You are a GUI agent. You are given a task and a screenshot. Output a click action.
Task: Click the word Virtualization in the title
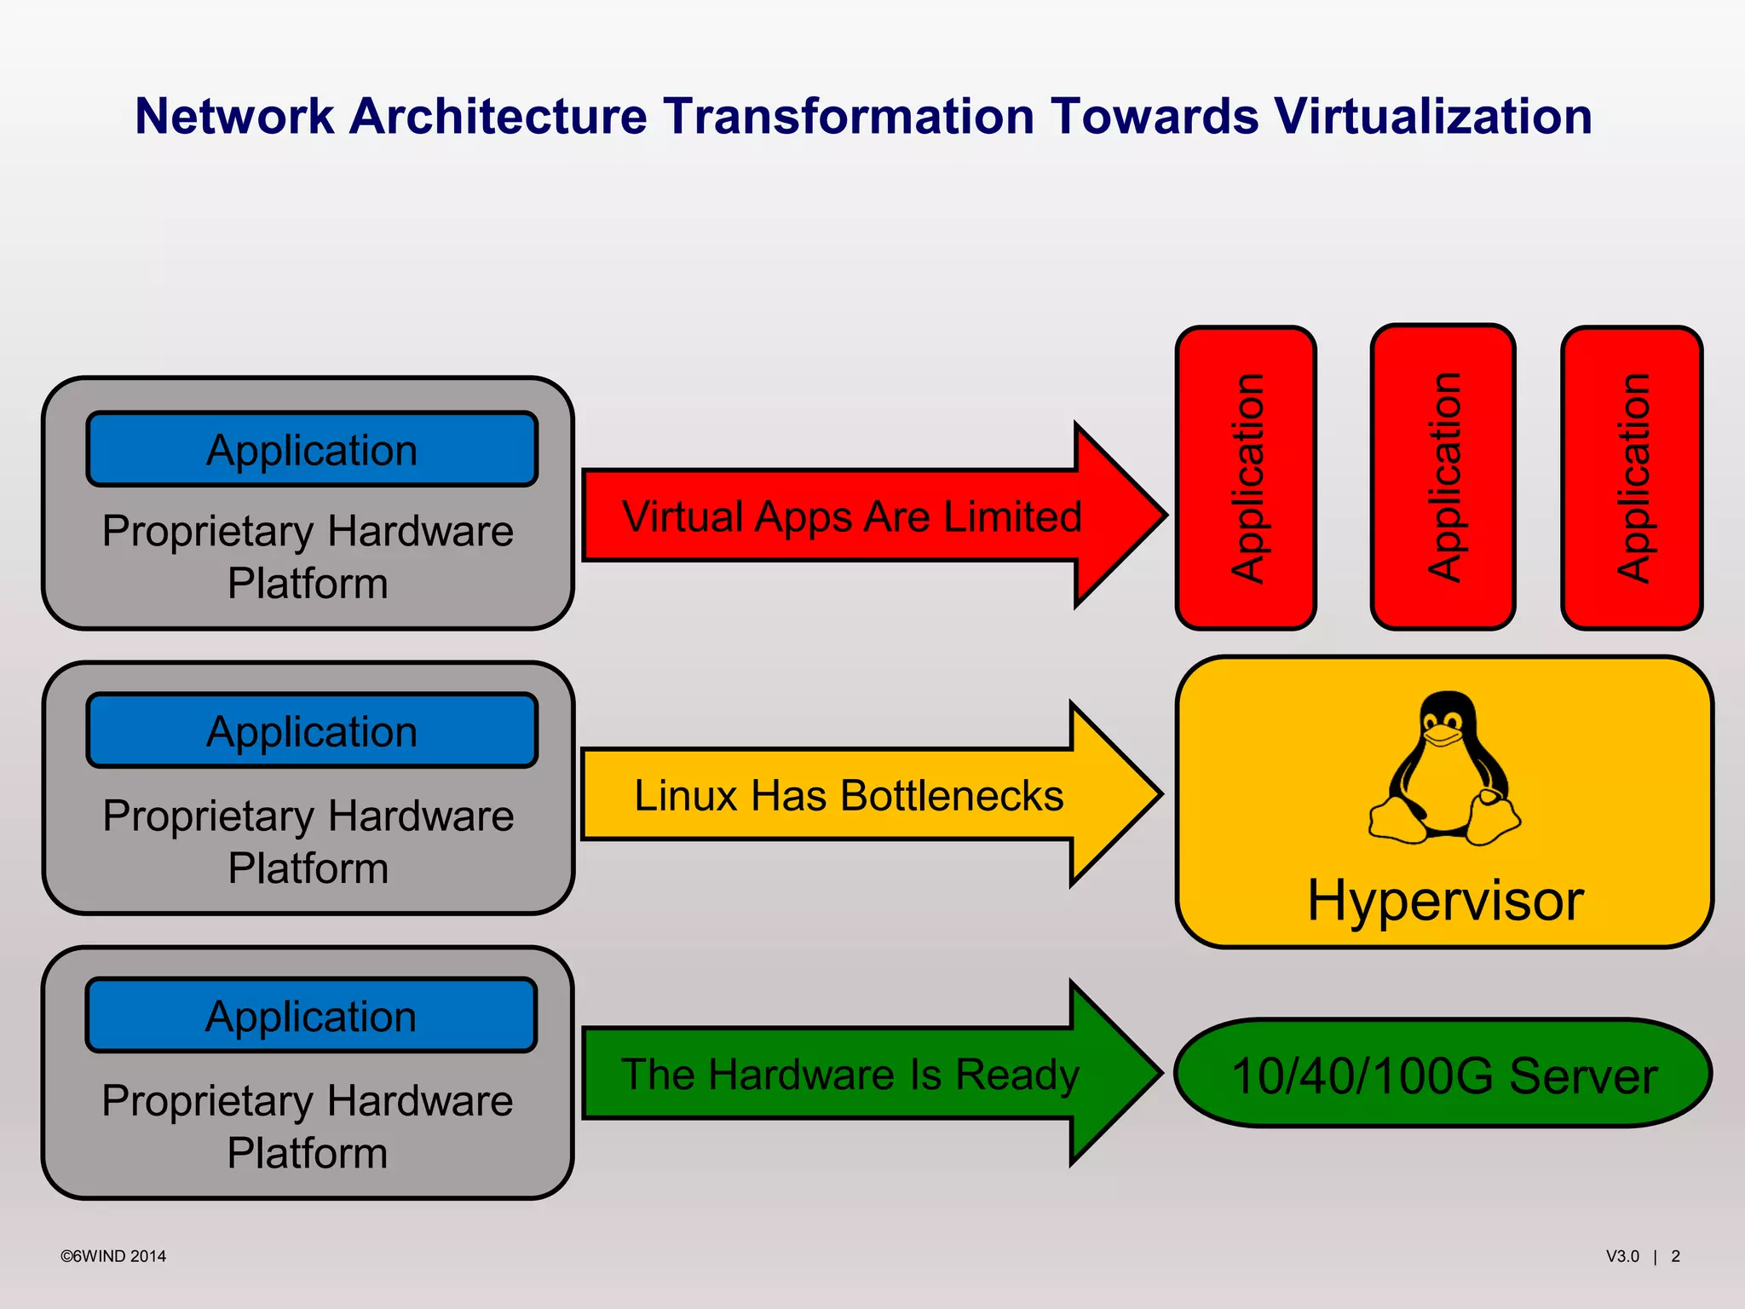pyautogui.click(x=1431, y=116)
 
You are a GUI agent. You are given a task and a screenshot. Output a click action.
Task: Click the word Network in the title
pyautogui.click(x=234, y=116)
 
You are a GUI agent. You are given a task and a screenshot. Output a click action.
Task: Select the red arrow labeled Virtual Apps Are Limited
pyautogui.click(x=852, y=516)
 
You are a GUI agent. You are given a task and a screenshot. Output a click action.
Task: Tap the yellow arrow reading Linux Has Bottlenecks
pyautogui.click(x=849, y=795)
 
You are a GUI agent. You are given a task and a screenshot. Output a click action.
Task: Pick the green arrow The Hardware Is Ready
pyautogui.click(x=850, y=1074)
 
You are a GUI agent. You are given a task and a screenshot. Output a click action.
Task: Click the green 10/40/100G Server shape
pyautogui.click(x=1443, y=1074)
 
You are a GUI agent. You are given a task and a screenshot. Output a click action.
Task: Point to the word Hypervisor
pyautogui.click(x=1445, y=900)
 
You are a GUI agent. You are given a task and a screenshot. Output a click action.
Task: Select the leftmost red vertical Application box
pyautogui.click(x=1246, y=477)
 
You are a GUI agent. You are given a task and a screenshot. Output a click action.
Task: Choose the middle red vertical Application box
pyautogui.click(x=1443, y=477)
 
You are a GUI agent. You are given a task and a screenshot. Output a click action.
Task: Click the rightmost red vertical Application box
pyautogui.click(x=1632, y=477)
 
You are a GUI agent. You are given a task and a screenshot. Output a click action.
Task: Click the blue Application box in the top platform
pyautogui.click(x=312, y=450)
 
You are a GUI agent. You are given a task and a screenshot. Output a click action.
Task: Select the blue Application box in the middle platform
pyautogui.click(x=312, y=731)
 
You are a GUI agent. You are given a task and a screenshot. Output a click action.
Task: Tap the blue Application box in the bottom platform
pyautogui.click(x=312, y=1016)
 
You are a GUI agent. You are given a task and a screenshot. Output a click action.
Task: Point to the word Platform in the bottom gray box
pyautogui.click(x=308, y=1153)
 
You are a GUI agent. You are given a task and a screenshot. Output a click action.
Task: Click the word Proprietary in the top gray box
pyautogui.click(x=208, y=532)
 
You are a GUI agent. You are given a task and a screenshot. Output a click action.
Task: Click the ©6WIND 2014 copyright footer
pyautogui.click(x=113, y=1256)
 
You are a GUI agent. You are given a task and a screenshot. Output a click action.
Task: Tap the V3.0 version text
pyautogui.click(x=1622, y=1256)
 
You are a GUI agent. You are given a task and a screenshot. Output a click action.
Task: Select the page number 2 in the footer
pyautogui.click(x=1675, y=1256)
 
